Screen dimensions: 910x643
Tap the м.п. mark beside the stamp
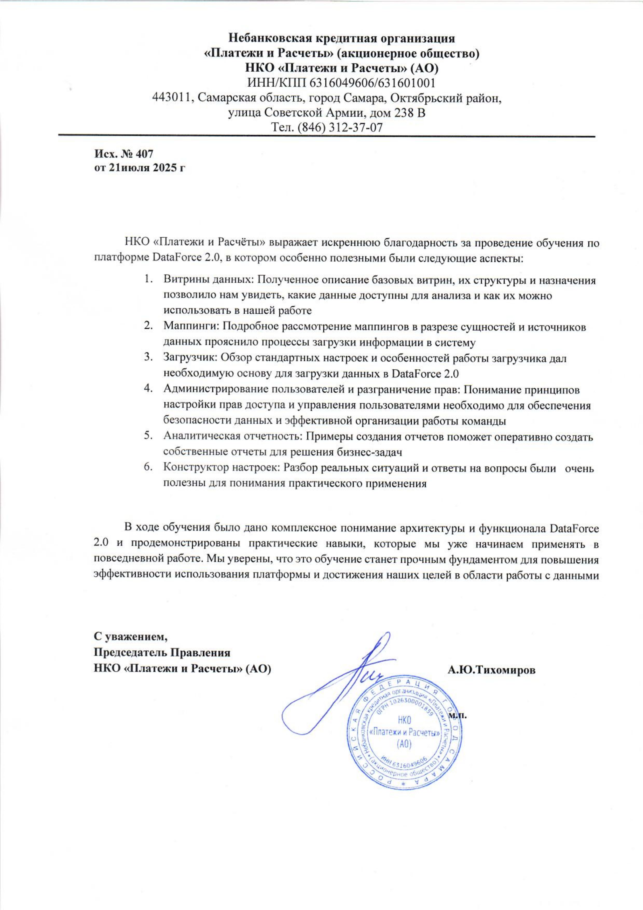(458, 716)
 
